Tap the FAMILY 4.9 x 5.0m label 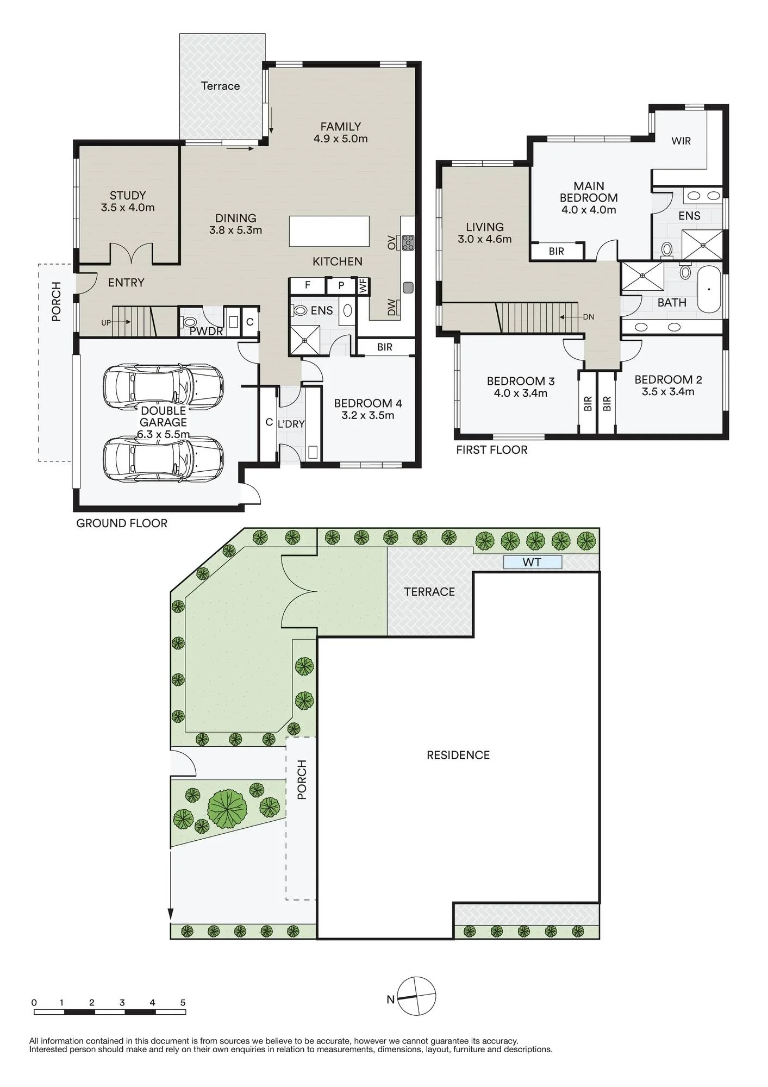pyautogui.click(x=341, y=133)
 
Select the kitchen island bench pyautogui.click(x=329, y=231)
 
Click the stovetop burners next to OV pyautogui.click(x=408, y=242)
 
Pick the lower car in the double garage pyautogui.click(x=163, y=459)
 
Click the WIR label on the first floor pyautogui.click(x=681, y=141)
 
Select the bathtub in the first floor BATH pyautogui.click(x=709, y=289)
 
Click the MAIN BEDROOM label pyautogui.click(x=589, y=198)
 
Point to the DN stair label pyautogui.click(x=588, y=317)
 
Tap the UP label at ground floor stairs pyautogui.click(x=106, y=323)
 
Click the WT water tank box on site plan pyautogui.click(x=532, y=562)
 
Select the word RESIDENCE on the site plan pyautogui.click(x=458, y=755)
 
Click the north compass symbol pyautogui.click(x=416, y=996)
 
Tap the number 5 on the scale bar pyautogui.click(x=183, y=1003)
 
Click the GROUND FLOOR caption pyautogui.click(x=122, y=523)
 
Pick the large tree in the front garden pyautogui.click(x=227, y=808)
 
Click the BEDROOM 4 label pyautogui.click(x=368, y=409)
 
